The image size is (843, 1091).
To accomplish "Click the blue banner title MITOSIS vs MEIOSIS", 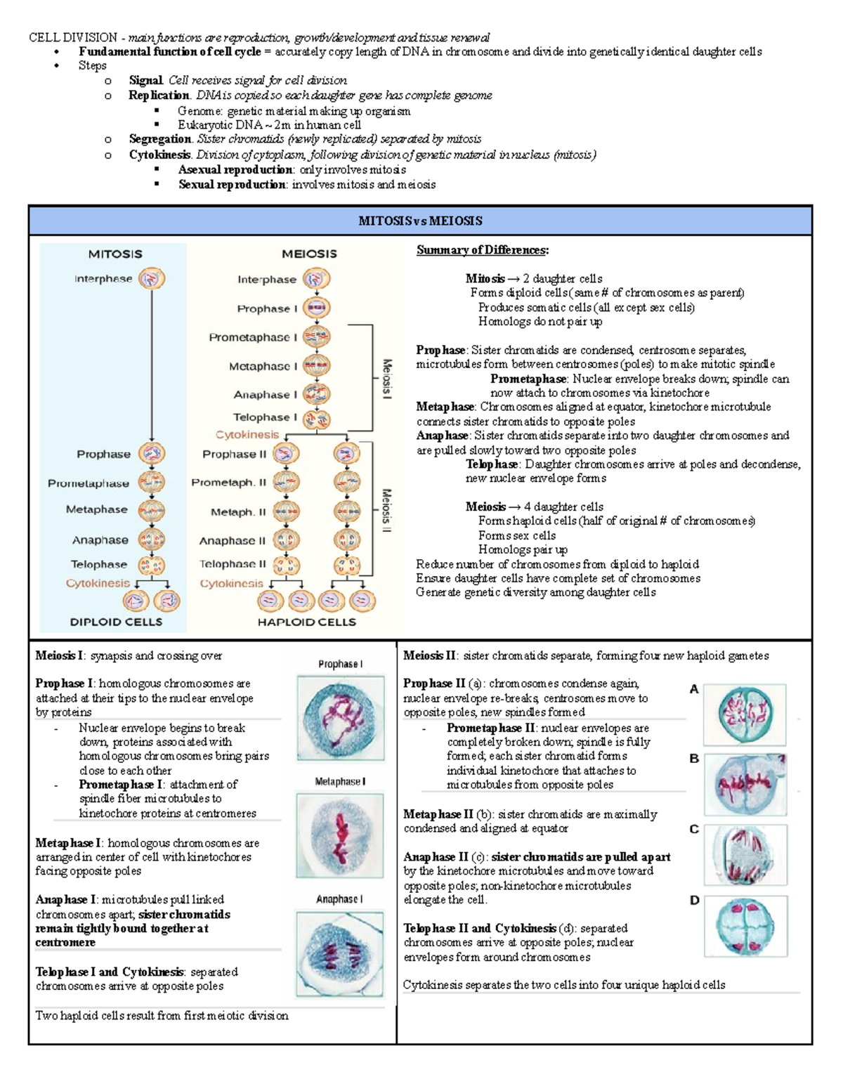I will coord(420,221).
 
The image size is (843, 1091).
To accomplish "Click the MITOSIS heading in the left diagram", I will coord(115,254).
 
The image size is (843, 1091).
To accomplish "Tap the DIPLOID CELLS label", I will coord(116,622).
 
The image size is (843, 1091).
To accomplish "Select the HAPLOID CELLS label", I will coord(306,622).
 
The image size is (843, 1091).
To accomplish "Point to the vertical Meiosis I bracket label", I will coord(386,379).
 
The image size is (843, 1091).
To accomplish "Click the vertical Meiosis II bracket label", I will coord(386,510).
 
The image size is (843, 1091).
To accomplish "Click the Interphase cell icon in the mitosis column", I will coord(152,279).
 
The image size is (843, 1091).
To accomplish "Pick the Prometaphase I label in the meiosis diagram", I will coord(253,337).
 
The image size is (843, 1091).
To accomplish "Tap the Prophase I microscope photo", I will coord(341,718).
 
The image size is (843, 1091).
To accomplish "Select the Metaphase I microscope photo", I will coord(341,836).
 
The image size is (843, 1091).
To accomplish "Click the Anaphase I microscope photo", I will coord(341,953).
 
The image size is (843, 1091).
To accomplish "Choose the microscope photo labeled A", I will coord(745,714).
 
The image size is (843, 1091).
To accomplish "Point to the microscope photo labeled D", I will coord(745,926).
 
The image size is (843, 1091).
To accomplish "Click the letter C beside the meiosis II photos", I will coord(694,830).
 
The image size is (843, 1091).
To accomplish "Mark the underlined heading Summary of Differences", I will coord(483,250).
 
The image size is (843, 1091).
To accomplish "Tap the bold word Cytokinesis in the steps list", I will coord(159,155).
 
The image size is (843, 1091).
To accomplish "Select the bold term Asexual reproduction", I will coord(235,169).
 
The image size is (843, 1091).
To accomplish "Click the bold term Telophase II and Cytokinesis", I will coord(480,928).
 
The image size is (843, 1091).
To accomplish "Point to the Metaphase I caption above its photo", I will coord(340,781).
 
